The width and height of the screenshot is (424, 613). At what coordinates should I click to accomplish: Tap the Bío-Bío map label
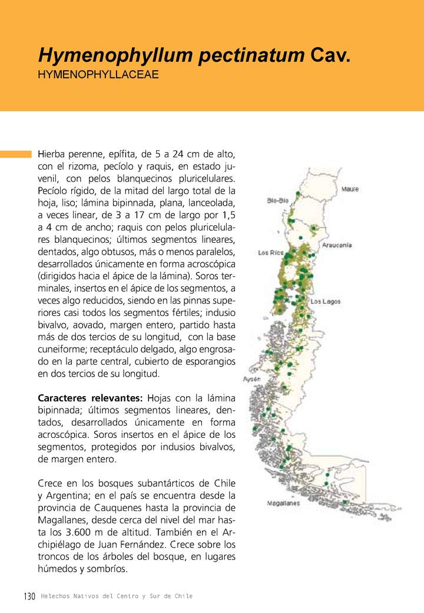pyautogui.click(x=277, y=200)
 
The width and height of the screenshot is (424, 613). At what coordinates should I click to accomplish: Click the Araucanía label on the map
pyautogui.click(x=337, y=245)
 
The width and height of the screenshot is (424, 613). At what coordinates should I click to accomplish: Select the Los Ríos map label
pyautogui.click(x=271, y=253)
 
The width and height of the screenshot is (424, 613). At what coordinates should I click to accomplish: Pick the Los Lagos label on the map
pyautogui.click(x=326, y=301)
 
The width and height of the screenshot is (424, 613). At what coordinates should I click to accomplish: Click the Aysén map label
pyautogui.click(x=252, y=379)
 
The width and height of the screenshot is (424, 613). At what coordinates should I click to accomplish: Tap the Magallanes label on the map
pyautogui.click(x=283, y=503)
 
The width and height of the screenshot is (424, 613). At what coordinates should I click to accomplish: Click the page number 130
pyautogui.click(x=30, y=596)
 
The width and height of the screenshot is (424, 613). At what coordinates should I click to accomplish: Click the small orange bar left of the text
pyautogui.click(x=15, y=154)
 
